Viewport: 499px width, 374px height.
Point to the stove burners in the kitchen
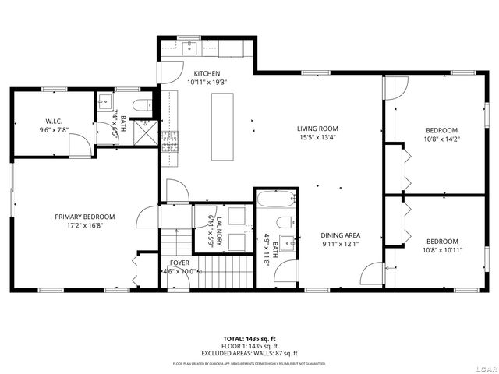[169, 140]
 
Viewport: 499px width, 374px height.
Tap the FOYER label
[179, 263]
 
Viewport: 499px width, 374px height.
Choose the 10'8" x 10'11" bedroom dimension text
[441, 251]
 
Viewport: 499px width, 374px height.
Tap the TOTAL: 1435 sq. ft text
[249, 339]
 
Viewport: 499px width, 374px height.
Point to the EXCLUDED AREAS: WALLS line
[249, 352]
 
